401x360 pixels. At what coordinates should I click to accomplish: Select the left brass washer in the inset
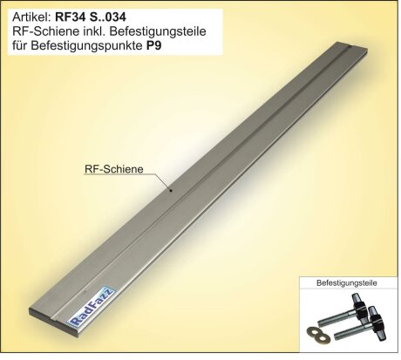[309, 332]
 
